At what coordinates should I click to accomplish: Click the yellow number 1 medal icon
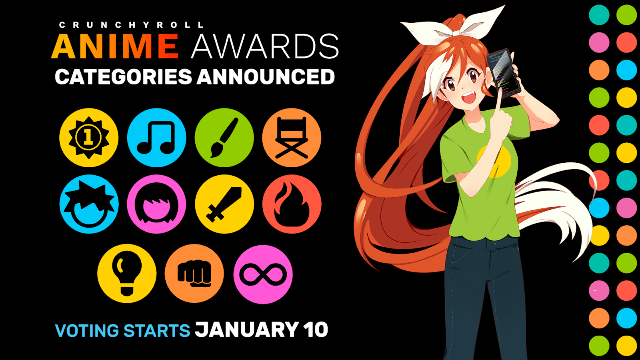(x=89, y=138)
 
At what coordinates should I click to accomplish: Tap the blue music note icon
(x=156, y=138)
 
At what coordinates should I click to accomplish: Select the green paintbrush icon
(x=224, y=138)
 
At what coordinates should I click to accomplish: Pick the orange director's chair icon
(x=292, y=138)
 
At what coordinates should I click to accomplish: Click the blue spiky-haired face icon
(x=89, y=204)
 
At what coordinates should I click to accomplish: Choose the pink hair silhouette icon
(x=156, y=204)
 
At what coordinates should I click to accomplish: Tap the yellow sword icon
(x=224, y=204)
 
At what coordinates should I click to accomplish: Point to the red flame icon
(x=292, y=204)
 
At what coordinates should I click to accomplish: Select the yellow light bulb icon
(x=127, y=274)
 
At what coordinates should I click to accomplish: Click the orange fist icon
(x=194, y=274)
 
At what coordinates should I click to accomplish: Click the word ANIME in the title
(x=115, y=46)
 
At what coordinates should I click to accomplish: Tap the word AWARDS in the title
(x=265, y=46)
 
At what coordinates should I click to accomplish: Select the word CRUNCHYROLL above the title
(x=132, y=25)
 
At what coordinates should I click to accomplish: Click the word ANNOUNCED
(x=266, y=77)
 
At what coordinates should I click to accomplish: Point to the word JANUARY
(x=247, y=330)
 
